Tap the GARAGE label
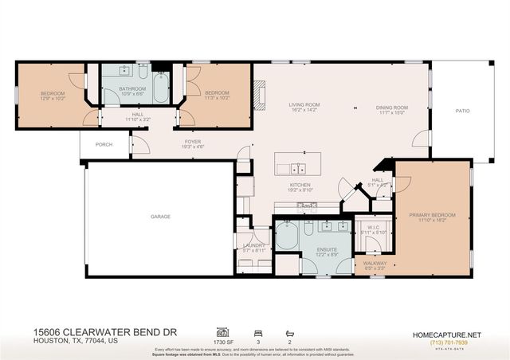point(162,216)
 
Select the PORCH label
point(104,144)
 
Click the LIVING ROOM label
point(304,104)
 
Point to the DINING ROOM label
point(391,108)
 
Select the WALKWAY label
point(375,262)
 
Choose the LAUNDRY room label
point(253,245)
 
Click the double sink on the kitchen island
point(298,168)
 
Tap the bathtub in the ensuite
point(288,237)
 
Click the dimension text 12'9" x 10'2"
point(52,98)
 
